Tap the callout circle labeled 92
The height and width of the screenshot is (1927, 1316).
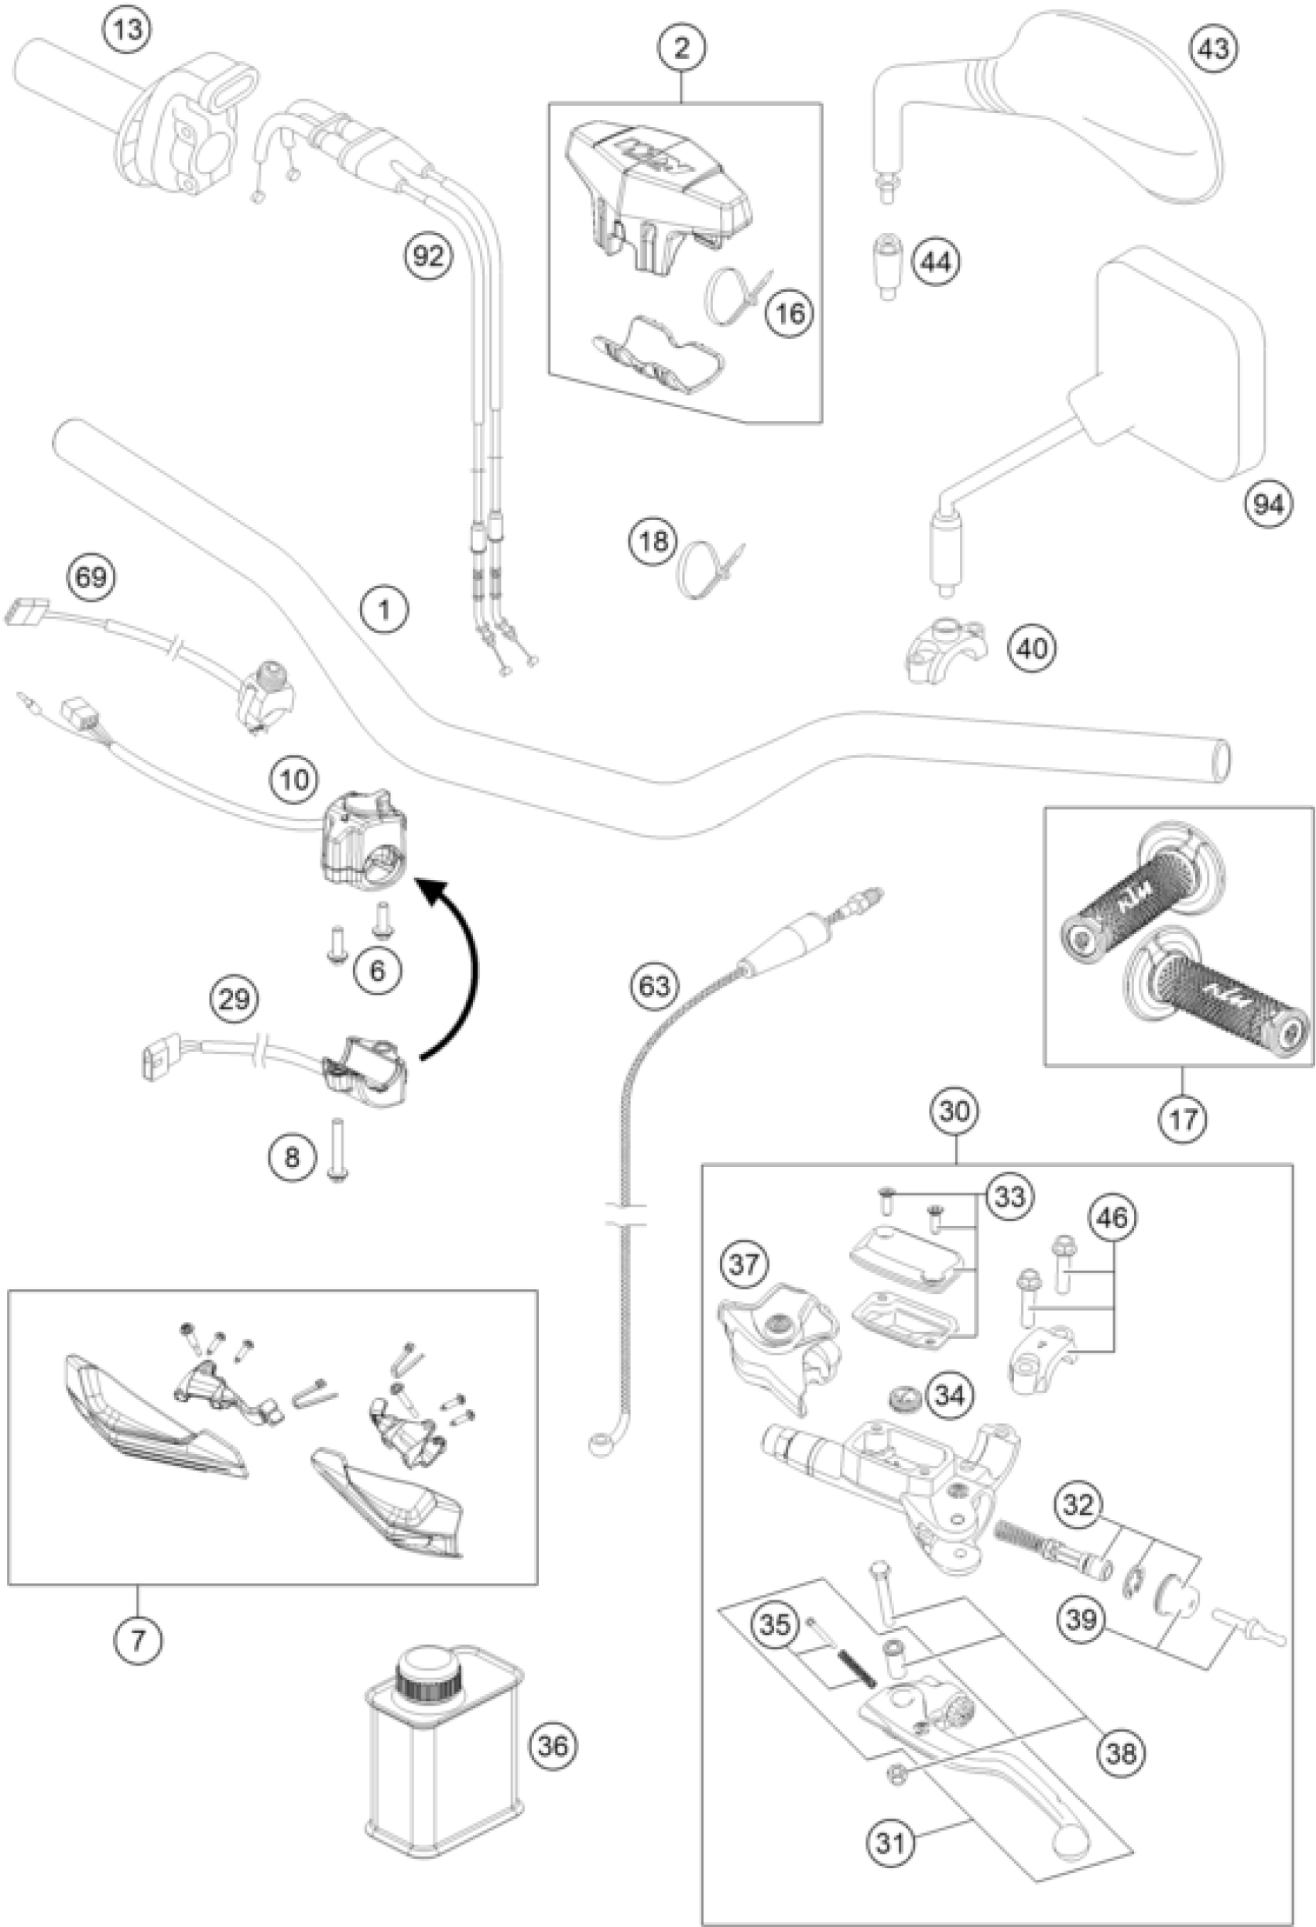428,255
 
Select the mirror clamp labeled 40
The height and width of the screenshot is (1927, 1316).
945,659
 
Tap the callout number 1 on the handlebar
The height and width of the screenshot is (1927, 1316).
384,611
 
